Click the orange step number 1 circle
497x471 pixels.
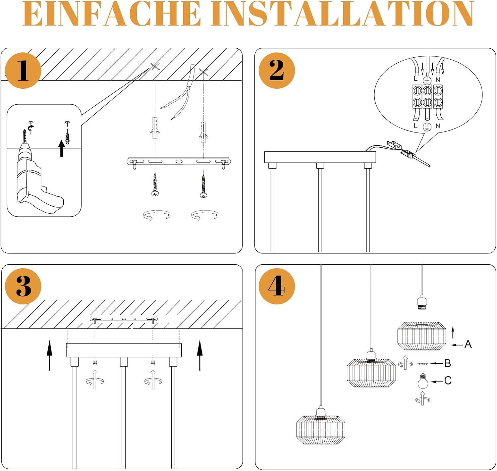tap(23, 71)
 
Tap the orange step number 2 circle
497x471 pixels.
tap(276, 71)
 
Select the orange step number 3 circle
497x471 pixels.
tap(23, 286)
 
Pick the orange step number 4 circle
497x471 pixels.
tap(276, 286)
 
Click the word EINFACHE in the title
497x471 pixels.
tap(112, 14)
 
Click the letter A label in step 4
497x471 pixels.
tap(468, 344)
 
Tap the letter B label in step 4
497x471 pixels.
tap(447, 363)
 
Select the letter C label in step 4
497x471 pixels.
tap(448, 381)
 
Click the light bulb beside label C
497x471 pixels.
tap(423, 382)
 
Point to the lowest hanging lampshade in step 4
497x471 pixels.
tap(320, 429)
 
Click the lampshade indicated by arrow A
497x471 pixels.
tap(421, 336)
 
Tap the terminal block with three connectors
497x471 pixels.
tap(427, 96)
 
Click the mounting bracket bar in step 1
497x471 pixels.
tap(179, 162)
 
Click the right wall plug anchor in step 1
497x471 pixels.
tap(203, 131)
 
